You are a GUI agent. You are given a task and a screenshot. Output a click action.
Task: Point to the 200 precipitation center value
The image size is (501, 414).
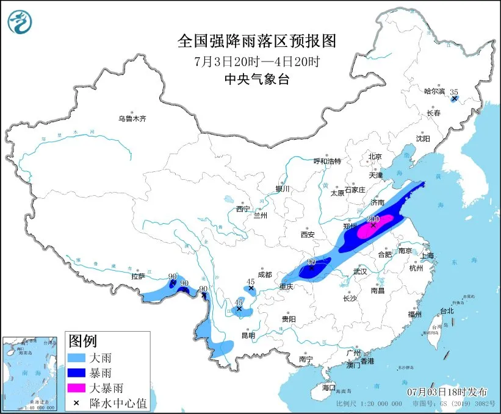click(x=373, y=219)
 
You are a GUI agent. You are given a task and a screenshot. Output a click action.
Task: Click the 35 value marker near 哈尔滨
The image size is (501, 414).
click(x=453, y=93)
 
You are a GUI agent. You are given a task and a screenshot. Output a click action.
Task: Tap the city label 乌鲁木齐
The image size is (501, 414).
click(x=132, y=118)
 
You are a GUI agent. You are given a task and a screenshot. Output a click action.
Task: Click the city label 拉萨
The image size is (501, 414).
click(x=138, y=276)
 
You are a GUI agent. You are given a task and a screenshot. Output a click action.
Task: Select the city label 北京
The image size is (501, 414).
click(x=375, y=157)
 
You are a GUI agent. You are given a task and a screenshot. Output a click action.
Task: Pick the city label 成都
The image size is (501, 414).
click(x=264, y=274)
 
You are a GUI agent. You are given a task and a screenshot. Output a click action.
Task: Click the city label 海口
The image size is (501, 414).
click(x=329, y=387)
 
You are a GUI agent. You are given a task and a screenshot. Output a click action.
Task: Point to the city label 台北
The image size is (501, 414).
click(x=446, y=310)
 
